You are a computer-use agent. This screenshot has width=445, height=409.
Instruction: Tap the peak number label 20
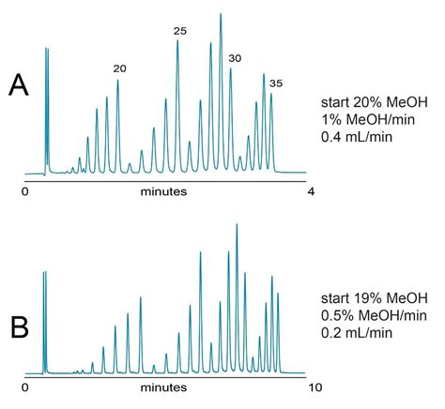point(119,68)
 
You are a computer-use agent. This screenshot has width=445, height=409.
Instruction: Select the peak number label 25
point(180,32)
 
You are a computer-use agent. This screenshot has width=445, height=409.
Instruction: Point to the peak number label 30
point(235,58)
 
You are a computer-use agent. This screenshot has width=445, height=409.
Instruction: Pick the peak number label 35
point(275,83)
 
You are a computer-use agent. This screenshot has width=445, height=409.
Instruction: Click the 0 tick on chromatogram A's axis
point(28,191)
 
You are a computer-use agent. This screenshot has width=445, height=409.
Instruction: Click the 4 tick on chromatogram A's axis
point(311,191)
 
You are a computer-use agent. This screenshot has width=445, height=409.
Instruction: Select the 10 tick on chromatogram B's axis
point(315,386)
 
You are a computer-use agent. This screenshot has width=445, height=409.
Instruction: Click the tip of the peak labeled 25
point(177,41)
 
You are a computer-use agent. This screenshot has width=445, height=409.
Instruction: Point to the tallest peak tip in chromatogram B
point(236,224)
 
